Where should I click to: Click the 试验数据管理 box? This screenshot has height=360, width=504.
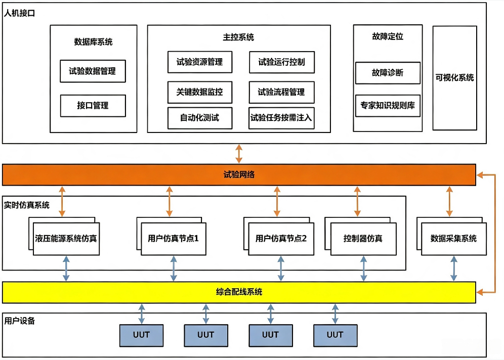click(93, 71)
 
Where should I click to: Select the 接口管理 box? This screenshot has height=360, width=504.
click(93, 106)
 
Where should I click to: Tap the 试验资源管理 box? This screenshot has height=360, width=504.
click(199, 62)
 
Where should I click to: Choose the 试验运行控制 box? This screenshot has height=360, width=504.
click(281, 62)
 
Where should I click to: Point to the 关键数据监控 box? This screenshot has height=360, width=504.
click(199, 92)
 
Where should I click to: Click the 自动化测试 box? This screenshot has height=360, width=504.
click(199, 118)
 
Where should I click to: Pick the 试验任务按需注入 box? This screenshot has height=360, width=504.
click(281, 118)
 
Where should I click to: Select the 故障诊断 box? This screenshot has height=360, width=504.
click(388, 73)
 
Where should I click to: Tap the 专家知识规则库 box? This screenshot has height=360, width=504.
click(388, 106)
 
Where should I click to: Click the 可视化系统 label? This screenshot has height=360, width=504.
click(454, 78)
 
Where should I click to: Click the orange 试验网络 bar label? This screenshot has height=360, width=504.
click(239, 175)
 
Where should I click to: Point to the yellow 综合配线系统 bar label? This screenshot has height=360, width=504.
click(239, 292)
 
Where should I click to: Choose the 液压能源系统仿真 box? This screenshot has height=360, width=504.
click(66, 239)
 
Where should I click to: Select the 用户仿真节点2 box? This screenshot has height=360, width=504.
click(281, 239)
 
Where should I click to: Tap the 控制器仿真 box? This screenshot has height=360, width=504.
click(363, 239)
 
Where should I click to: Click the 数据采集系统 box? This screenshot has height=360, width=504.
click(454, 239)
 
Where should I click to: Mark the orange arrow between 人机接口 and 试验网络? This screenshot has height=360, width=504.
click(239, 154)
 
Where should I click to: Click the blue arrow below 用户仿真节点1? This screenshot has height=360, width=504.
click(174, 268)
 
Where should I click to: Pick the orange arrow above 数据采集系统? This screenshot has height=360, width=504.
click(449, 201)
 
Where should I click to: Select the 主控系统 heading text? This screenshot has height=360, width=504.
click(238, 37)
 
